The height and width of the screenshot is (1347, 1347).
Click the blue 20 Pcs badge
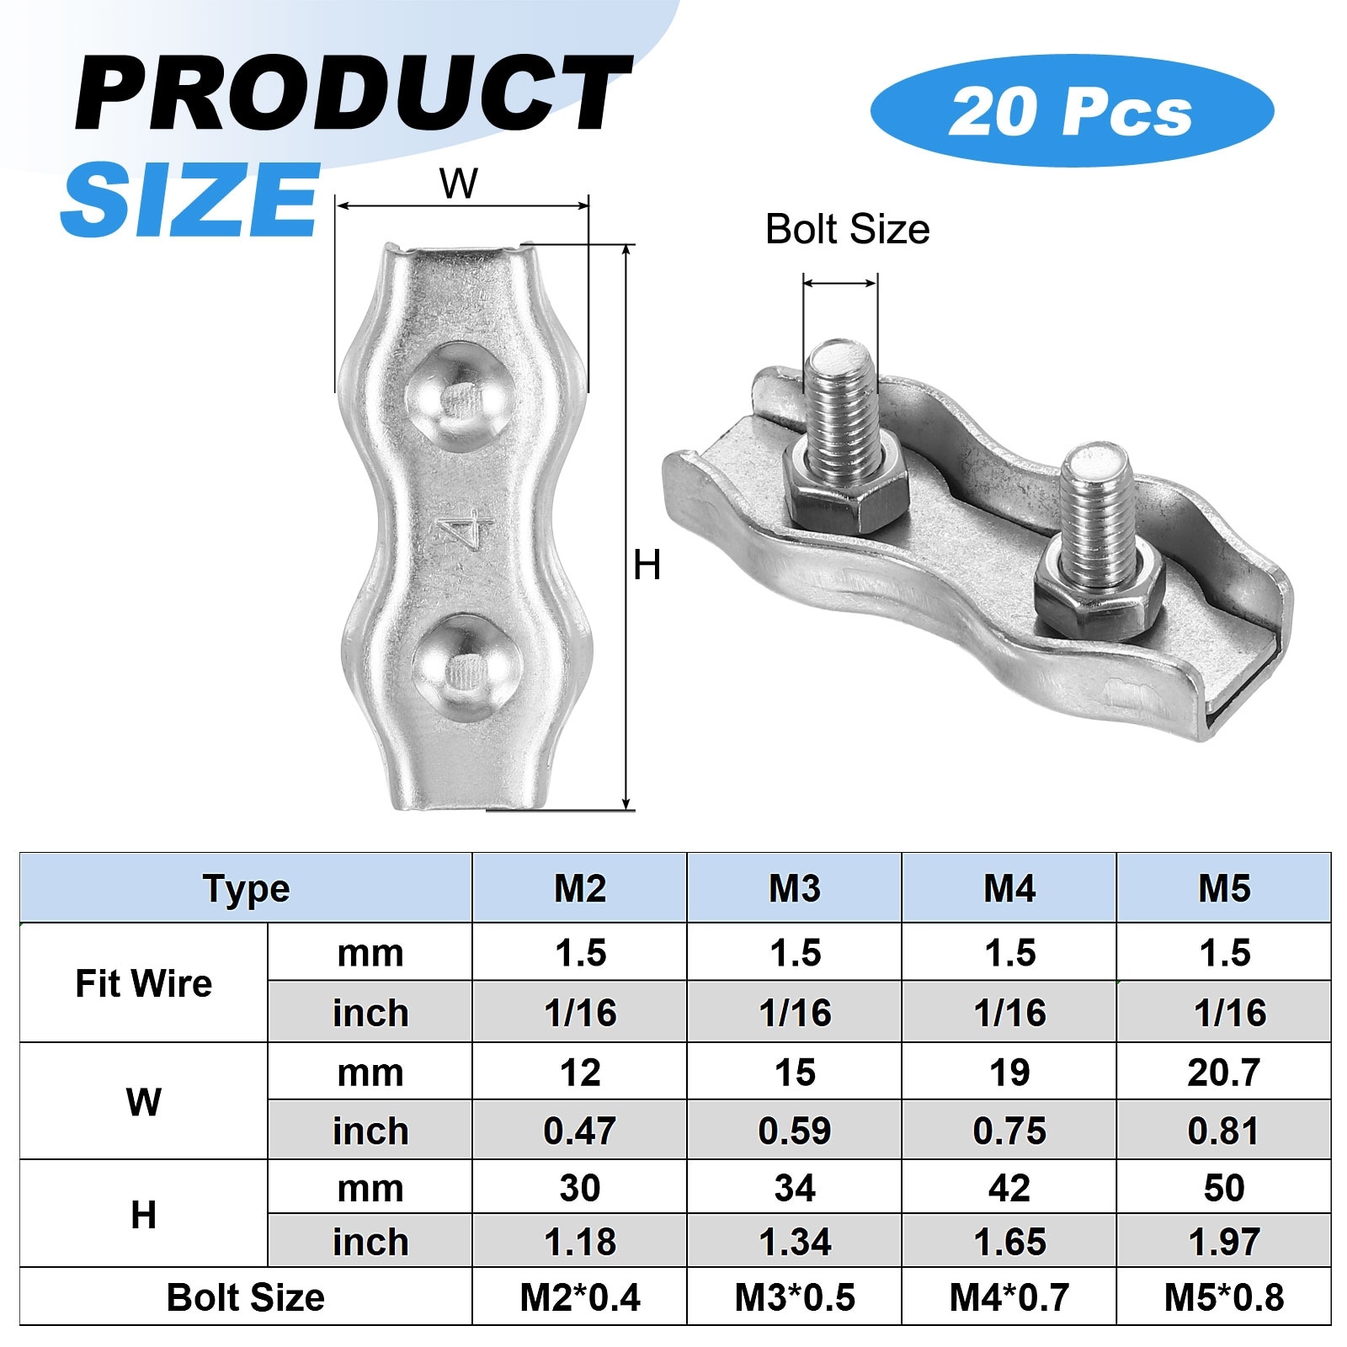coord(1072,110)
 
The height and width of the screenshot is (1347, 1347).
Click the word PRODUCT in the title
coord(354,93)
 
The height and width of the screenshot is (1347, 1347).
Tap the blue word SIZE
coord(190,199)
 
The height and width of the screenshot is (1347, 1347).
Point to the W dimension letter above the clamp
coord(459,184)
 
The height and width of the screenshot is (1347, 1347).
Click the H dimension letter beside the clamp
coord(647,565)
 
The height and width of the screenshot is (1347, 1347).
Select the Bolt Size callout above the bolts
coord(847,230)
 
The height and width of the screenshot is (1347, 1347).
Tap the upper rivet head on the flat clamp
coord(460,397)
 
